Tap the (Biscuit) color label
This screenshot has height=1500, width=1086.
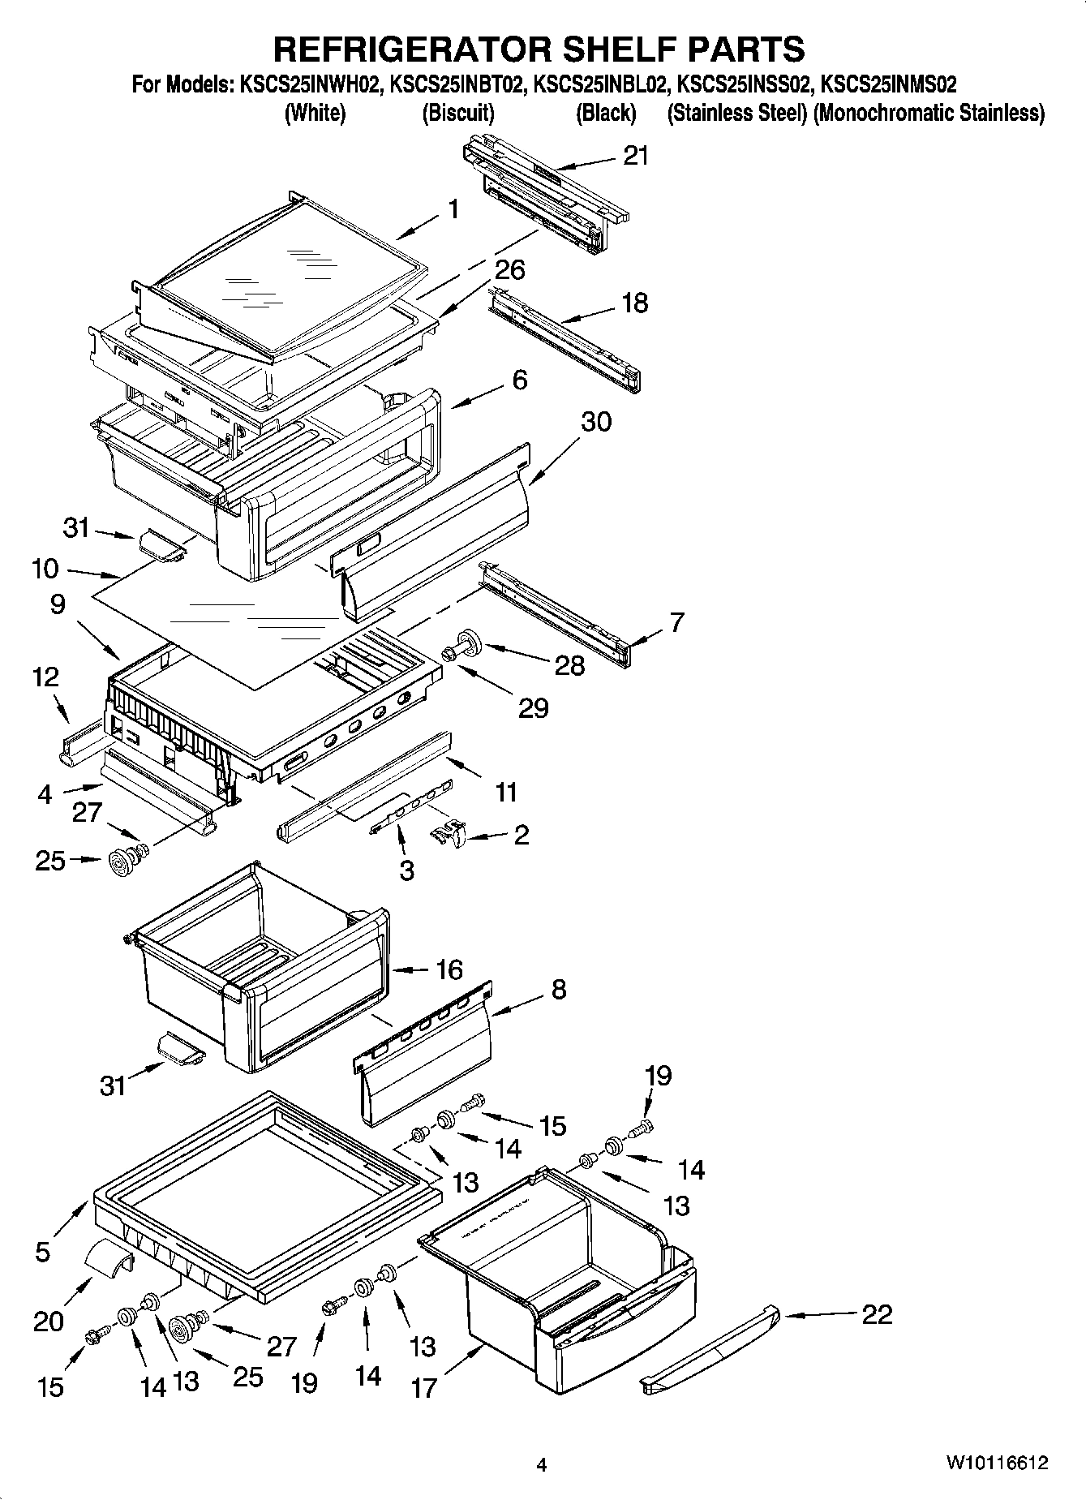(458, 113)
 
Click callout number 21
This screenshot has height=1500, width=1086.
(636, 155)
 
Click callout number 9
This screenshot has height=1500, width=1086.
(58, 604)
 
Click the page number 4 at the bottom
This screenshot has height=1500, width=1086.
(542, 1465)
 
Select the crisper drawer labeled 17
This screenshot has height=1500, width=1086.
(560, 1290)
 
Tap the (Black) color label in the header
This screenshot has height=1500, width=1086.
(605, 113)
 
